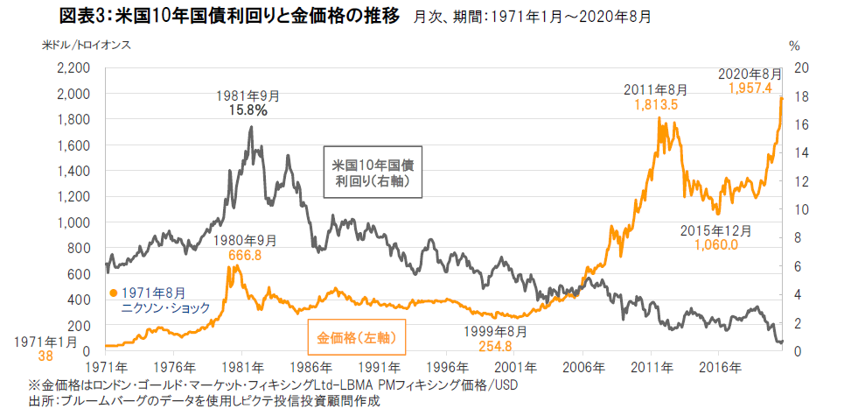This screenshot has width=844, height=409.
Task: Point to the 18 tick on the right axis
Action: tap(798, 96)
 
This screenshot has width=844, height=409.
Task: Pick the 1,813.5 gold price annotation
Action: tap(656, 105)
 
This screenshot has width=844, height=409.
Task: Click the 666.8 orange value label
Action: tap(245, 255)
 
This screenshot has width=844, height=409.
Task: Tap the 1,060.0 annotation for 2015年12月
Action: tap(716, 245)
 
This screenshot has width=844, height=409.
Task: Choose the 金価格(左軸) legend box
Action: tap(356, 337)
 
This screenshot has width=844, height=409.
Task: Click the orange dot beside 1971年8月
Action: tap(113, 293)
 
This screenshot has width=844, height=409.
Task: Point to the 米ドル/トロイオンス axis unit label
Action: tap(87, 45)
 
